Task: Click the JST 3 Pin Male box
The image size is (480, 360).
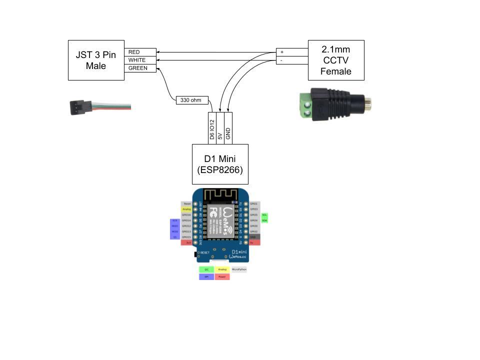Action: tap(96, 60)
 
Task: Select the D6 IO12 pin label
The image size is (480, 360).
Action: tap(212, 128)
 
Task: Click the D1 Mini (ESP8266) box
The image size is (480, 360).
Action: tap(220, 164)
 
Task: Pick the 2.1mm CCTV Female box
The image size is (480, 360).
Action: tap(336, 60)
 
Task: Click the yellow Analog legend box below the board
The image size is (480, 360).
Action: tap(222, 269)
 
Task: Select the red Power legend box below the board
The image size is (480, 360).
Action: tap(222, 276)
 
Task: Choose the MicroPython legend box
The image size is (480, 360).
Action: tap(239, 269)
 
